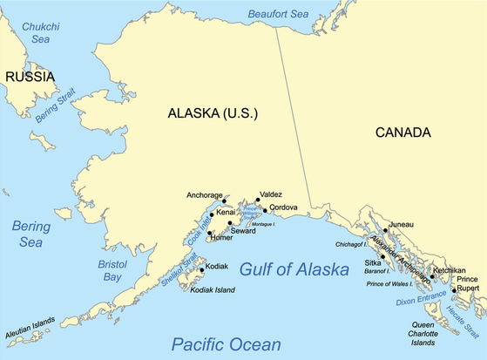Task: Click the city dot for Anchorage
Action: (225, 200)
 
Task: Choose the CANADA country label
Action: (402, 132)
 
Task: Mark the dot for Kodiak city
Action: (201, 270)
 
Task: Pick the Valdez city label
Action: (271, 195)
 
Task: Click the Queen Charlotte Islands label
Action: (429, 333)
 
